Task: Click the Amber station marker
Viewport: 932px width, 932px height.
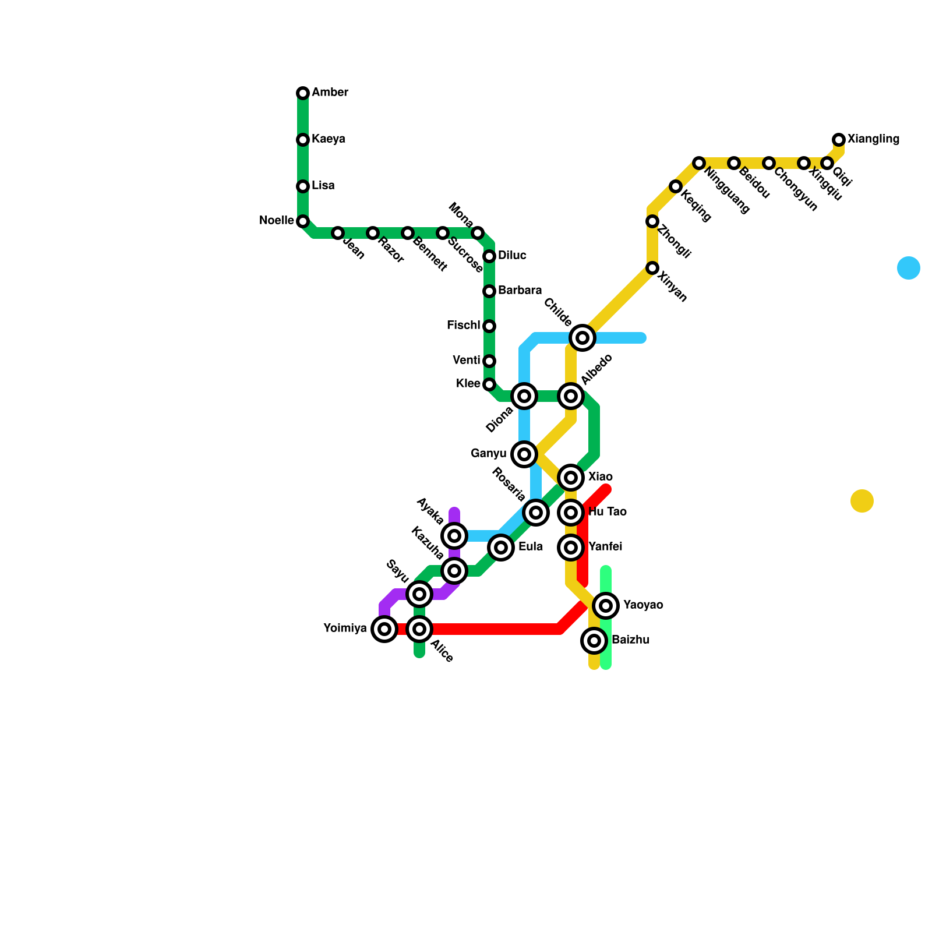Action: point(303,93)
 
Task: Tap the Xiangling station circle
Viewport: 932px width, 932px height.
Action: point(839,140)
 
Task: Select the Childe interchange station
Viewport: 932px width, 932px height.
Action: point(582,338)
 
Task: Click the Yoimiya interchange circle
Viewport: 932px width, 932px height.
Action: point(384,629)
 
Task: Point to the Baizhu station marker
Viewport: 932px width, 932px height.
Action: point(594,641)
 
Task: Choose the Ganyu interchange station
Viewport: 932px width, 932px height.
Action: point(524,454)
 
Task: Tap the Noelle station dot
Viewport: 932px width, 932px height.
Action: point(303,221)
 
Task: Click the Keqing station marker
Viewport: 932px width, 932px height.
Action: point(676,186)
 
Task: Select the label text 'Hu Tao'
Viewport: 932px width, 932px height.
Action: point(608,512)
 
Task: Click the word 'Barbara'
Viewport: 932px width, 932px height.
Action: point(520,291)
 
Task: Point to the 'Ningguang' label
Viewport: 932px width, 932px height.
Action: point(726,190)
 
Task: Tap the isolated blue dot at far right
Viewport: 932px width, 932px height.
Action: point(909,268)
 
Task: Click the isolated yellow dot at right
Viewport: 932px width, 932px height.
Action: point(862,501)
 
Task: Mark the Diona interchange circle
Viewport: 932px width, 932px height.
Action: point(524,396)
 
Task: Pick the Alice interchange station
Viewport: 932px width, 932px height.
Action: point(419,629)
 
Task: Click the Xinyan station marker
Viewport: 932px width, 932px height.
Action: point(652,268)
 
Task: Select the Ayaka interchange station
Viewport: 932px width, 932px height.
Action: point(454,536)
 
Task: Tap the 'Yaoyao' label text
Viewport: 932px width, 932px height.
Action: point(643,605)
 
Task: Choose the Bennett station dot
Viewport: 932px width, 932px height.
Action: point(408,233)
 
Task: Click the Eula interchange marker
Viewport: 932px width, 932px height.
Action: point(501,548)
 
